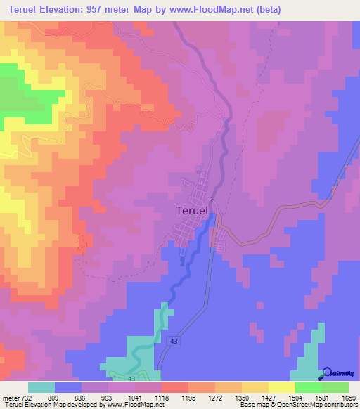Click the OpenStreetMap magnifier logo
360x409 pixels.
point(327,373)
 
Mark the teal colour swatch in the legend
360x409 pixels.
point(41,387)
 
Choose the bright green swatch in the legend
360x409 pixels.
point(308,387)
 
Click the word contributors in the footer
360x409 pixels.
point(340,405)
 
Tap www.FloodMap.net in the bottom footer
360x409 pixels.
point(130,405)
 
